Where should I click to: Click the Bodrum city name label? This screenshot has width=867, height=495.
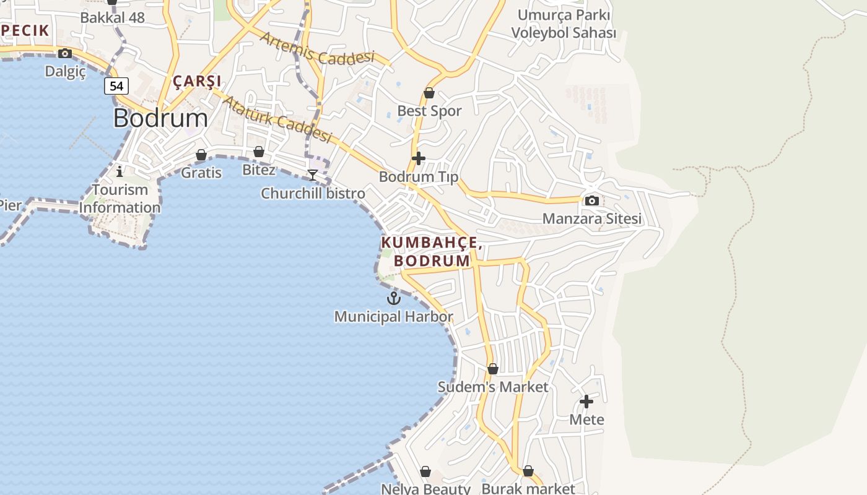pyautogui.click(x=160, y=118)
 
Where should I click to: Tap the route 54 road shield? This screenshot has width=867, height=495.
pyautogui.click(x=116, y=86)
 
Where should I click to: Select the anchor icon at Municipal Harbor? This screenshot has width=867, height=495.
pyautogui.click(x=394, y=299)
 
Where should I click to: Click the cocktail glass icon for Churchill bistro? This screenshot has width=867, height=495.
pyautogui.click(x=313, y=175)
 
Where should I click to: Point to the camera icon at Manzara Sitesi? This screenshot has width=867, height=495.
pyautogui.click(x=592, y=200)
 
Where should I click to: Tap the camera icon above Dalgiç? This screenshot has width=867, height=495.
pyautogui.click(x=65, y=53)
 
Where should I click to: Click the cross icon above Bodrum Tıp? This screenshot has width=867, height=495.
pyautogui.click(x=419, y=158)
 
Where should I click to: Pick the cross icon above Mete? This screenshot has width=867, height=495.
pyautogui.click(x=586, y=402)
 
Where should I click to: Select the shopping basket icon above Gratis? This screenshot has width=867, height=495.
pyautogui.click(x=201, y=155)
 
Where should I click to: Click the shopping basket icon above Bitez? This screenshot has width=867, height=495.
pyautogui.click(x=259, y=152)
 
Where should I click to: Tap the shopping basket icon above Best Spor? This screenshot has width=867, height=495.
pyautogui.click(x=429, y=93)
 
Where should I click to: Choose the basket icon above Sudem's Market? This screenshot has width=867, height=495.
pyautogui.click(x=493, y=369)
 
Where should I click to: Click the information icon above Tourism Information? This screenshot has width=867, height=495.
pyautogui.click(x=120, y=171)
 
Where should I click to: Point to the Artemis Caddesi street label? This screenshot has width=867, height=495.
pyautogui.click(x=318, y=48)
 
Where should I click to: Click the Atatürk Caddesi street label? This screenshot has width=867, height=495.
pyautogui.click(x=277, y=118)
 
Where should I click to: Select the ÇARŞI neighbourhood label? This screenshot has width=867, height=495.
pyautogui.click(x=197, y=81)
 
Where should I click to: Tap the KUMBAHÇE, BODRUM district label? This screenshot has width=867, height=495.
pyautogui.click(x=432, y=251)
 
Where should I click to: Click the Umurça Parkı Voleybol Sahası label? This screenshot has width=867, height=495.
pyautogui.click(x=564, y=24)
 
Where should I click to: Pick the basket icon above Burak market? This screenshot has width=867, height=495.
pyautogui.click(x=528, y=471)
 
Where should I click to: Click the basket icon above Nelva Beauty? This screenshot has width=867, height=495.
pyautogui.click(x=425, y=472)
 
